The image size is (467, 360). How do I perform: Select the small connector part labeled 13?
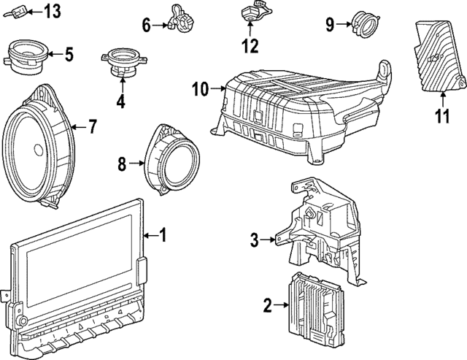(x=21, y=11)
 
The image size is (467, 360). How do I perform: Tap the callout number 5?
(x=69, y=53)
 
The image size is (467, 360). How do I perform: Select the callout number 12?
(x=250, y=47)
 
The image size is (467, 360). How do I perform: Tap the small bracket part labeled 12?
(x=250, y=15)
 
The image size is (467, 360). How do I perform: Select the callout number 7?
(x=92, y=127)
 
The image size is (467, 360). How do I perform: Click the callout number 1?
(x=164, y=235)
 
